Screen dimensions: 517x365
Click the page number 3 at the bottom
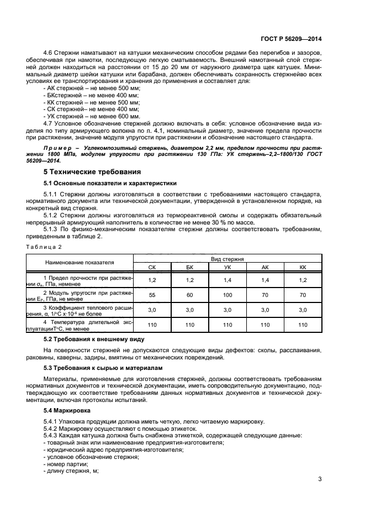pyautogui.click(x=320, y=479)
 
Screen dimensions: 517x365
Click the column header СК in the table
pyautogui.click(x=152, y=267)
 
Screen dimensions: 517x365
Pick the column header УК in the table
pyautogui.click(x=228, y=267)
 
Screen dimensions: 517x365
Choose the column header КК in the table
pyautogui.click(x=302, y=267)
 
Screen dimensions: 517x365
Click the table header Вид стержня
pyautogui.click(x=228, y=258)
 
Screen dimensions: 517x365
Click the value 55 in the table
pyautogui.click(x=152, y=295)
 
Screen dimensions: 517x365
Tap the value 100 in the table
pyautogui.click(x=228, y=295)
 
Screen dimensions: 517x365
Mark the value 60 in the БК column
pyautogui.click(x=190, y=295)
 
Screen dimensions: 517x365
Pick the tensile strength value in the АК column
pyautogui.click(x=265, y=280)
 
